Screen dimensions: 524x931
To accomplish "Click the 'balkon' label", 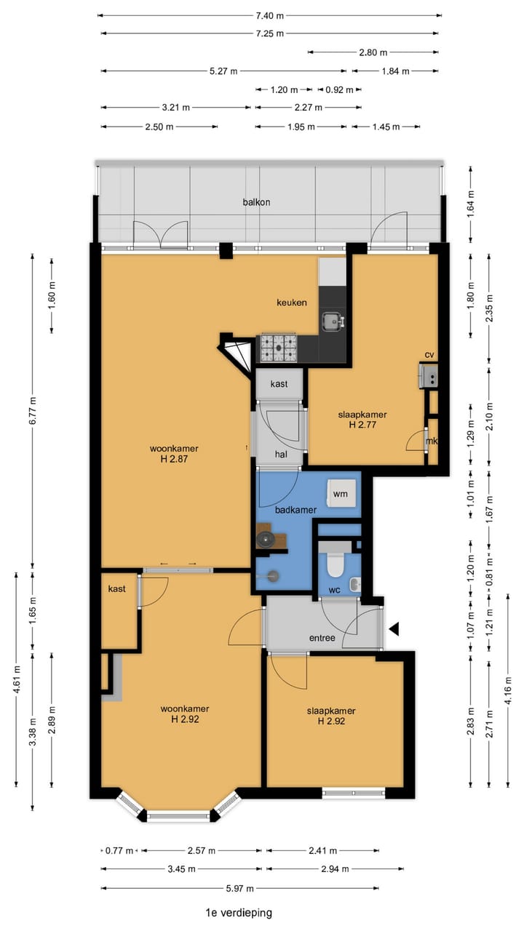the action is coord(257,202).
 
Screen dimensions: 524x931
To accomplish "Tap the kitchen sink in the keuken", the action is coord(333,321).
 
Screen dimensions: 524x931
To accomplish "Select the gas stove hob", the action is coord(279,348).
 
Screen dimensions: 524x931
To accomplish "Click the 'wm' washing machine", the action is coord(341,494).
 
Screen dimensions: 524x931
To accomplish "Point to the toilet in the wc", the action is coord(335,560).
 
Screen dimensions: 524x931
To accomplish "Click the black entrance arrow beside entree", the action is coord(394,629).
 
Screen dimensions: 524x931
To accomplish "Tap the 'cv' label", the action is coord(429,355).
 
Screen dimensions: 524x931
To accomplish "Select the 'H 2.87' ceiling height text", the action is coord(174,459).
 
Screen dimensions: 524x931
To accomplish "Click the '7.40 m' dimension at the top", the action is coord(270,16).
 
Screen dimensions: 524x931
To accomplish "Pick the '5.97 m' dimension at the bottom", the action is coord(240,889).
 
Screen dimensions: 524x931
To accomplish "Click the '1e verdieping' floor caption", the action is coord(239,913).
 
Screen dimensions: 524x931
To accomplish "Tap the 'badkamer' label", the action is coord(295,510).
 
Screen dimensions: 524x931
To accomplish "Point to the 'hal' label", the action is coord(281,455).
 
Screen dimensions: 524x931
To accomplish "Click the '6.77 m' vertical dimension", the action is coord(33,411).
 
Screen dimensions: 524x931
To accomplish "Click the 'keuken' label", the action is coord(292,303).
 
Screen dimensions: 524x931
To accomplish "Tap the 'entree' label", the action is coord(322,638).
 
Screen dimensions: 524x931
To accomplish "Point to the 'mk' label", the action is coord(432,441).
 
